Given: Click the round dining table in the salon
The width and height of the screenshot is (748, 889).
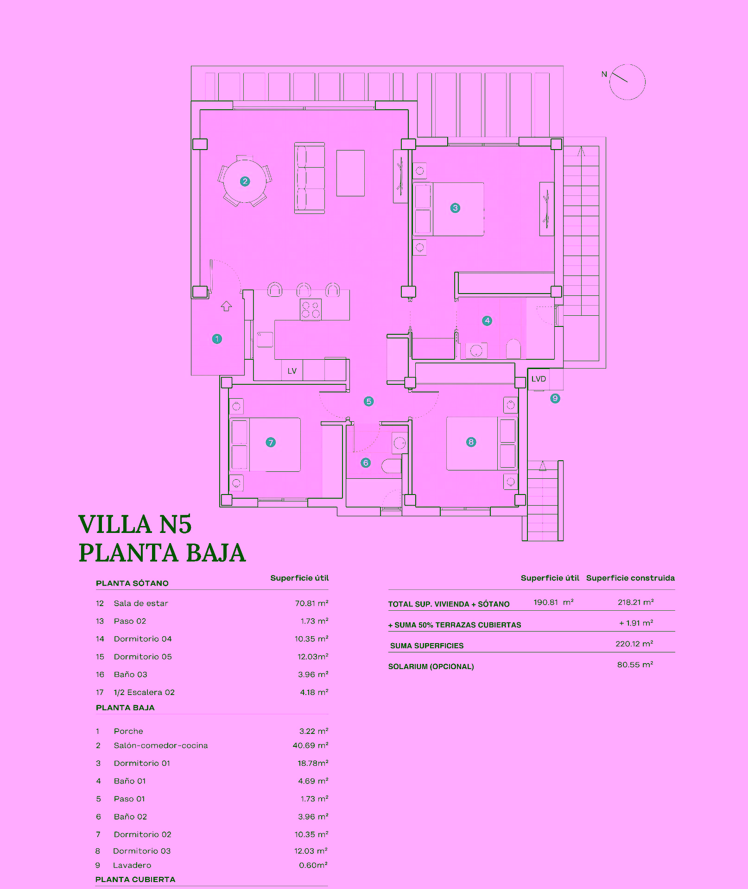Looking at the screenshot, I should [x=245, y=182].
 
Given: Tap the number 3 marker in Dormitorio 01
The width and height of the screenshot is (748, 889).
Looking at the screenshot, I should [x=455, y=208].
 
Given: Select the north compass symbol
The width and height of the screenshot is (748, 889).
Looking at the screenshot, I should [x=627, y=82].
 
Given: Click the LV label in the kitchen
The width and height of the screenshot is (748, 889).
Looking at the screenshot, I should [x=292, y=371].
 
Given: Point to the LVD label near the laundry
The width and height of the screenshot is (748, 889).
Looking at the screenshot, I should [x=539, y=379].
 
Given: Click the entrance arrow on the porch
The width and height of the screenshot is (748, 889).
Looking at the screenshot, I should [x=226, y=306].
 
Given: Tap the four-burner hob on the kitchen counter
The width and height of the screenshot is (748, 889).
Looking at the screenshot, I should [x=311, y=310].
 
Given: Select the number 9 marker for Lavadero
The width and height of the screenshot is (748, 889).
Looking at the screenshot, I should [x=555, y=398].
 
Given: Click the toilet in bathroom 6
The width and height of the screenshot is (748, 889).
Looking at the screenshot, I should [x=392, y=465].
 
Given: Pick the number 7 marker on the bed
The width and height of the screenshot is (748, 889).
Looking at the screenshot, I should [x=271, y=442].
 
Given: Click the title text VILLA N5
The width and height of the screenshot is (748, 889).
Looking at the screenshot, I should [x=135, y=524].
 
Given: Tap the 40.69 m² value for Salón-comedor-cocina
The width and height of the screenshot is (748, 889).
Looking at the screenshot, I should [x=310, y=745].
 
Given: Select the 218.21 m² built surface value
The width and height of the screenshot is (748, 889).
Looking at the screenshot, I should [x=635, y=602].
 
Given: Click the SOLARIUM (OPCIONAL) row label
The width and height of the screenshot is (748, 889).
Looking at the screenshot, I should [x=431, y=666].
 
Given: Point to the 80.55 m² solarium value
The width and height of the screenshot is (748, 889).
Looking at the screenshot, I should [x=635, y=664].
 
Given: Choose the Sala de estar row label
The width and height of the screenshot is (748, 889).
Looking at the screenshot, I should [x=141, y=603].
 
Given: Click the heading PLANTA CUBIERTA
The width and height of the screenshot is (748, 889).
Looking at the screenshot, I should [x=135, y=879].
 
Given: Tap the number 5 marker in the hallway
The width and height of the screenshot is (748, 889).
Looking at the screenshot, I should [x=368, y=401].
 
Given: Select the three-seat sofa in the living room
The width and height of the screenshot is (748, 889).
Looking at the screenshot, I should [x=310, y=178].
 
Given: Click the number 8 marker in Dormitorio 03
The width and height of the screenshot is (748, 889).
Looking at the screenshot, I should [x=471, y=442].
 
